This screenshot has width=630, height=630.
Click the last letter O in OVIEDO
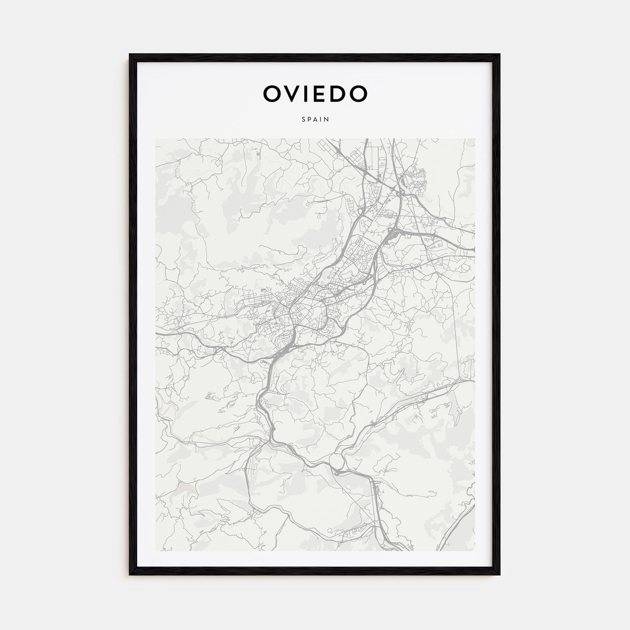[x=359, y=94]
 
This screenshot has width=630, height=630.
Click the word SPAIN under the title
[x=315, y=120]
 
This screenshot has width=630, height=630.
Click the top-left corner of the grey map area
[x=156, y=139]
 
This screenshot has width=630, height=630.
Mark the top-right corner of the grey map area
[x=474, y=139]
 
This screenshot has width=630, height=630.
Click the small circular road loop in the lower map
[x=337, y=461]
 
